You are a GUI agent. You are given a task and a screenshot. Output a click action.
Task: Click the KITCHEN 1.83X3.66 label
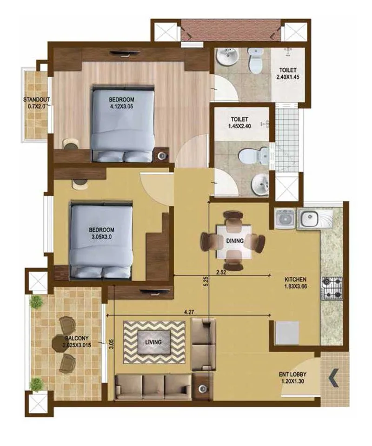point(296,283)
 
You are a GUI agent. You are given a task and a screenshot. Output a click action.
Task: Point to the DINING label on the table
point(233,241)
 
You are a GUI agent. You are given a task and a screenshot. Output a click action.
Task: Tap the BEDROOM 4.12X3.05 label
point(122,103)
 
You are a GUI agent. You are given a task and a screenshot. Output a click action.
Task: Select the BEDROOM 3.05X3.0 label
point(101,233)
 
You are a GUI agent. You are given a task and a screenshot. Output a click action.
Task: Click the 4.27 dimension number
point(189,313)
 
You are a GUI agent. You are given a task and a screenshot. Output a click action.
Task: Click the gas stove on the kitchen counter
point(332,288)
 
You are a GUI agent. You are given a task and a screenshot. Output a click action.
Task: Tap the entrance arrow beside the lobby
point(333,377)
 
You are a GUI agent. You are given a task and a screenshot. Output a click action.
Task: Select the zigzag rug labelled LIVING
point(153,342)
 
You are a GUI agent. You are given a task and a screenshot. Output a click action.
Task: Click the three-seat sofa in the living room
point(153,385)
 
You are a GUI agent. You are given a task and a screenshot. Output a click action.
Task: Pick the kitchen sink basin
point(307,218)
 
